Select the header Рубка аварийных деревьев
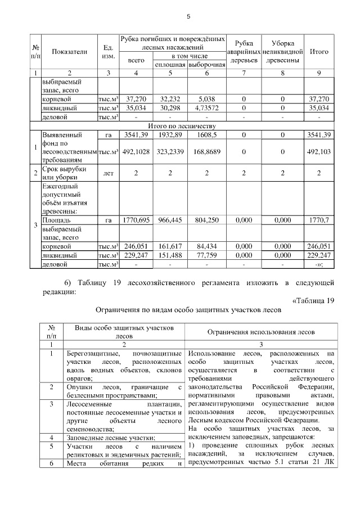click(x=244, y=52)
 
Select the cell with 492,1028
click(x=136, y=151)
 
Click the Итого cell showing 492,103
click(x=319, y=151)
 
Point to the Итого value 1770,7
click(x=319, y=222)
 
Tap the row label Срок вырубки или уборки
click(x=64, y=174)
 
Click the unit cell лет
click(x=109, y=174)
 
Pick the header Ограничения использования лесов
click(x=262, y=332)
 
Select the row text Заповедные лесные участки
click(x=110, y=438)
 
